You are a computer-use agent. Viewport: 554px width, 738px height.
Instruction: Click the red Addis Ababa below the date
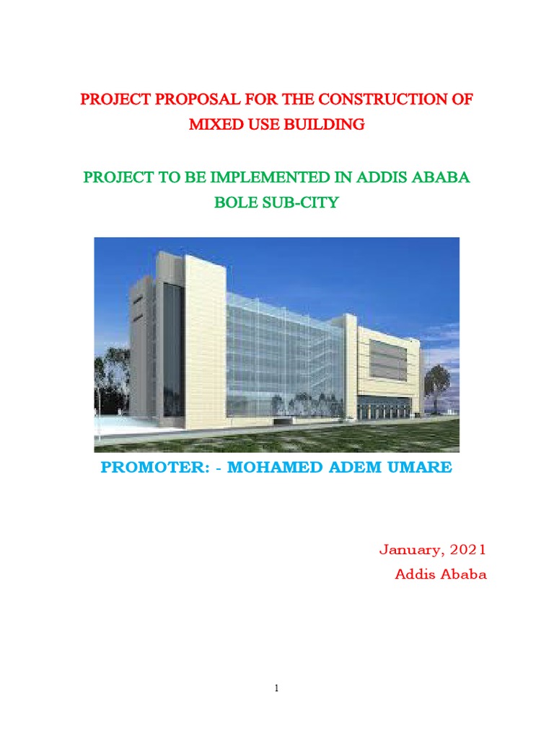[x=441, y=575]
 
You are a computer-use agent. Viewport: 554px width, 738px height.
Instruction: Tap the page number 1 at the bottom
[x=276, y=689]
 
